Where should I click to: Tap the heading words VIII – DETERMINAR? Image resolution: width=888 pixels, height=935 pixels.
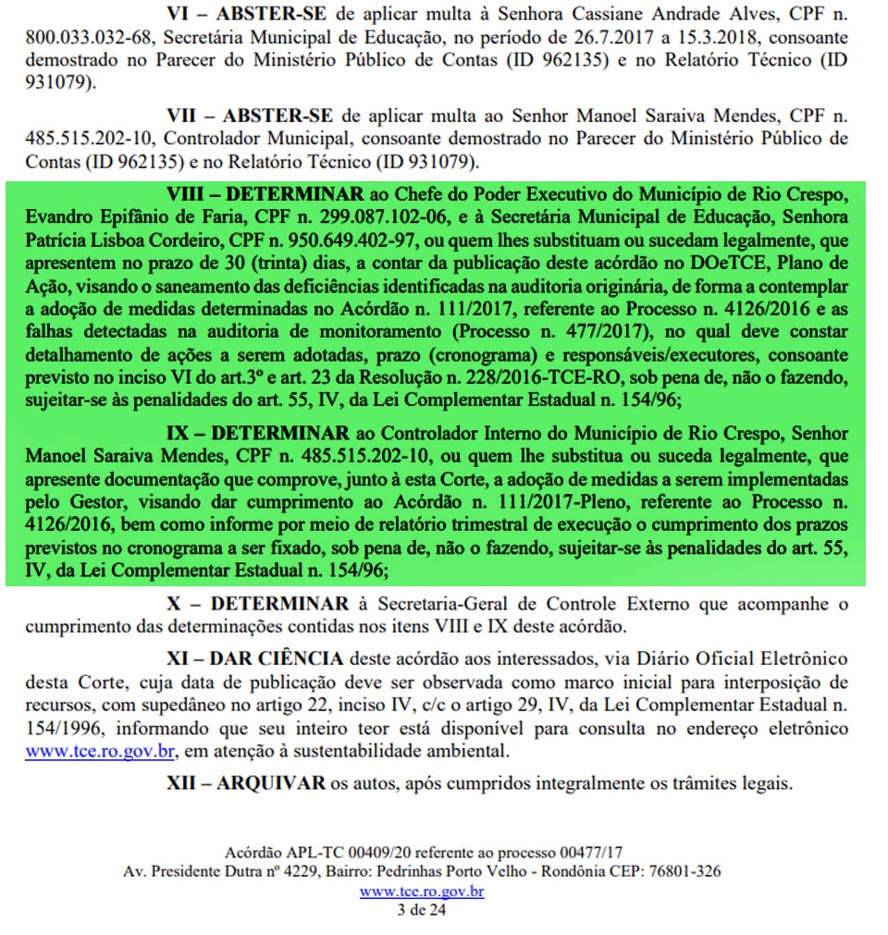[x=265, y=197]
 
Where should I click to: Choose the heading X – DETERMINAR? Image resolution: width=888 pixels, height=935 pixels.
[x=257, y=604]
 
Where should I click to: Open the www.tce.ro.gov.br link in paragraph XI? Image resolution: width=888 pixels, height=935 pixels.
[x=99, y=749]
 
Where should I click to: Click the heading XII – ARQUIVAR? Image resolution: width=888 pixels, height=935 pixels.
[x=245, y=782]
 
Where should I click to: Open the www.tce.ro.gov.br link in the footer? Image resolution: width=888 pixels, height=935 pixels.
[x=422, y=892]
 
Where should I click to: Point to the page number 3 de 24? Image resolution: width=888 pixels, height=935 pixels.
[x=422, y=910]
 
